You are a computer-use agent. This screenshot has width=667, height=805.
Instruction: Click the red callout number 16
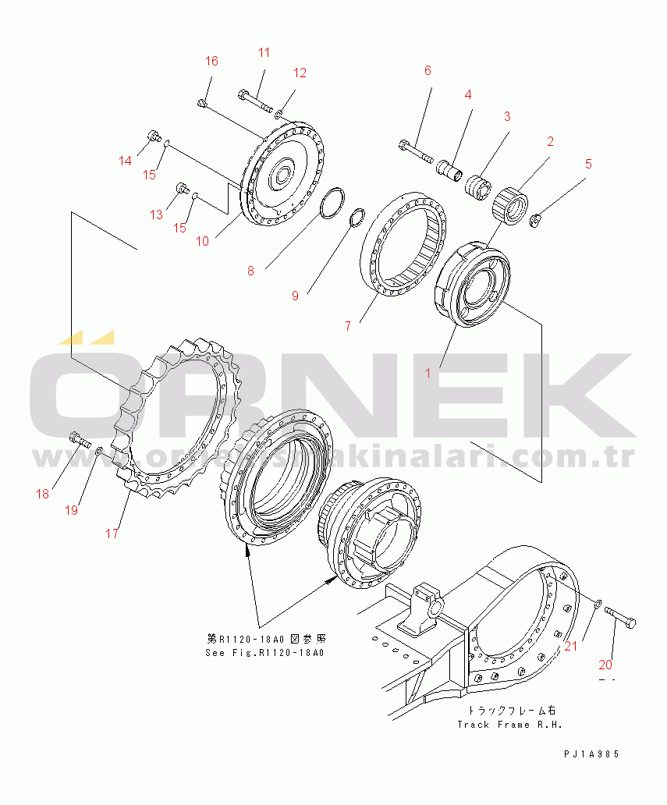click(x=211, y=62)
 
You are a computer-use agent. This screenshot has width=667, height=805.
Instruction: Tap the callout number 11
click(x=264, y=53)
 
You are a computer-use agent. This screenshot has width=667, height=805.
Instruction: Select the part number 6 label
click(x=428, y=71)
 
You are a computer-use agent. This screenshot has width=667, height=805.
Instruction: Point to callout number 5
click(x=589, y=165)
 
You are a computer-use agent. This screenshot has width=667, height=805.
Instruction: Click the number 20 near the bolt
click(x=605, y=665)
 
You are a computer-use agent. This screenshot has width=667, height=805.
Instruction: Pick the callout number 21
click(x=571, y=645)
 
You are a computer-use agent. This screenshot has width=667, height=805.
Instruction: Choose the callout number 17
click(x=112, y=534)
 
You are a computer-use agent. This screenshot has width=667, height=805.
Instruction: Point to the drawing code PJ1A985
click(x=593, y=754)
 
